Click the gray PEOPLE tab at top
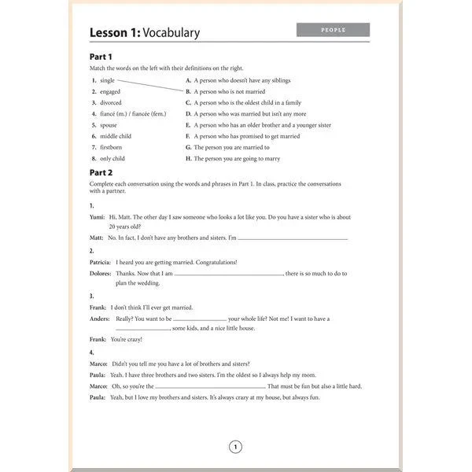coord(333,30)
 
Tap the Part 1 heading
coord(101,57)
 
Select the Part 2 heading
coord(101,172)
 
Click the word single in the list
coord(108,80)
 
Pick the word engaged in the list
coord(110,91)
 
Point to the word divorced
coord(111,102)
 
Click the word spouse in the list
coord(109,125)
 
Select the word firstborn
coord(111,147)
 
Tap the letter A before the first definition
coord(188,80)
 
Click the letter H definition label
coord(188,158)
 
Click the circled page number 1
coord(235,448)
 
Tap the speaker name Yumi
coord(98,217)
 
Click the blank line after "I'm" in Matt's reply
coord(293,238)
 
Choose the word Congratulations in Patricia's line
coord(216,262)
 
